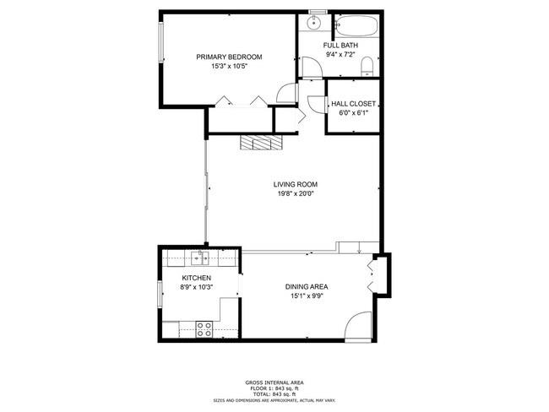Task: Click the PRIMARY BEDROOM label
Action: (229, 57)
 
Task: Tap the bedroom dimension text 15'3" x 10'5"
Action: (229, 66)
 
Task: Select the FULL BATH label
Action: (340, 46)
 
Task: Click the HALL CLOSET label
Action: (353, 104)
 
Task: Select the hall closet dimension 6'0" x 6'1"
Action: (353, 112)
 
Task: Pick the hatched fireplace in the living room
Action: (259, 143)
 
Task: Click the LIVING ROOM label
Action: (294, 185)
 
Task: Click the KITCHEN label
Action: (196, 278)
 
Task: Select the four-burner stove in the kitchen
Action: (204, 328)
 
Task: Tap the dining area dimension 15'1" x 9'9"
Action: (305, 296)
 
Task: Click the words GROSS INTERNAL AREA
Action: (274, 382)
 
